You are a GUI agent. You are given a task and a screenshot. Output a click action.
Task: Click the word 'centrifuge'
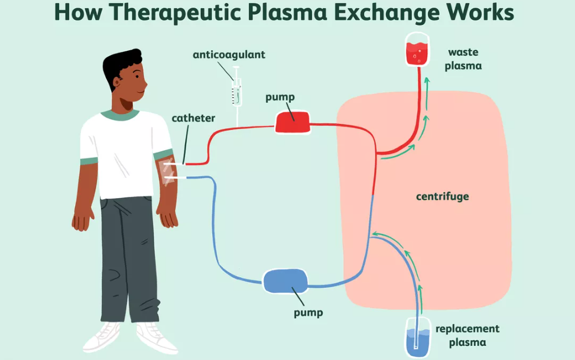442,196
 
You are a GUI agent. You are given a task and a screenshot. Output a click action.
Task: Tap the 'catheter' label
193,118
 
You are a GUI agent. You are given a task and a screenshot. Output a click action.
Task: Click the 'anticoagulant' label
229,55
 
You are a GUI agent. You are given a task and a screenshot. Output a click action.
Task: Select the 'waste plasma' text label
463,59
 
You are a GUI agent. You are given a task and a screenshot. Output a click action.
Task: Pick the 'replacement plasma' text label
467,335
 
